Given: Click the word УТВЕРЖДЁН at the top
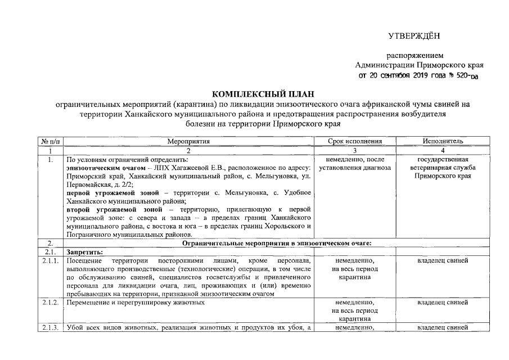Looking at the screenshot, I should [413, 37].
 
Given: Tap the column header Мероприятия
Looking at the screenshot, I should [188, 141].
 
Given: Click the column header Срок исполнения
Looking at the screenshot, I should [354, 141].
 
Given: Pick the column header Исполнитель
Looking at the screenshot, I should [443, 141].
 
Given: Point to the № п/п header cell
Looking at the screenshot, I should [50, 141].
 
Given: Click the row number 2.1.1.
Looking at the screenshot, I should [50, 261].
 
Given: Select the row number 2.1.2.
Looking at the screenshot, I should [50, 303].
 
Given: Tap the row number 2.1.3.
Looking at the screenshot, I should [50, 328].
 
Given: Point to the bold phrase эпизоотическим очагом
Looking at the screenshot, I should [106, 168].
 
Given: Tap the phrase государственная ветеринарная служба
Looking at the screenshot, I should [443, 164].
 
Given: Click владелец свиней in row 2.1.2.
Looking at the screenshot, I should [443, 303].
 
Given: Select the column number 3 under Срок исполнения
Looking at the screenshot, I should [354, 150].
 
